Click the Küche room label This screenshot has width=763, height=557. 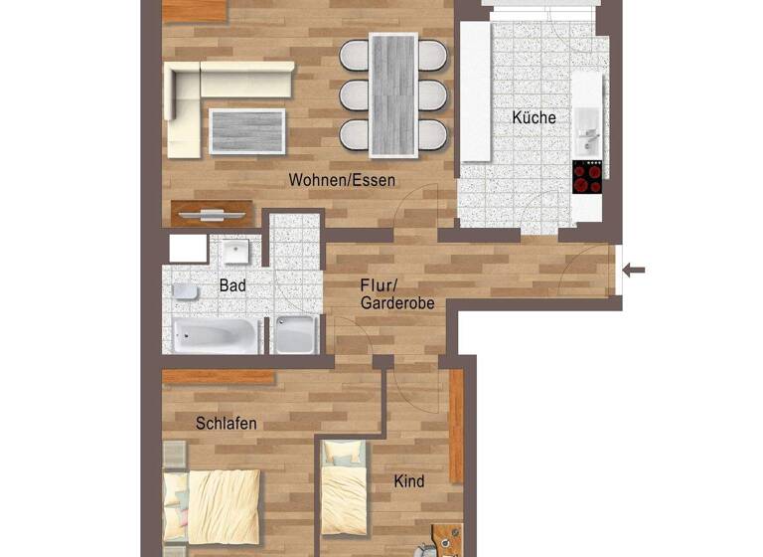point(534,117)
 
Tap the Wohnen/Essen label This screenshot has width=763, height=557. point(342,181)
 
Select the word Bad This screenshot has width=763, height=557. point(232,285)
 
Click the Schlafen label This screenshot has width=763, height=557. point(227,424)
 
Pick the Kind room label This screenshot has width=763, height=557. point(409,481)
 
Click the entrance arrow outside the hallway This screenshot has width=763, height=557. point(633,270)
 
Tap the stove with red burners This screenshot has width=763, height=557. point(587,177)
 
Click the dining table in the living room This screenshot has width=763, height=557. point(392,94)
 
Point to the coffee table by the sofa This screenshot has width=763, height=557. point(247,130)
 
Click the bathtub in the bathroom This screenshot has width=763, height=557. point(216,336)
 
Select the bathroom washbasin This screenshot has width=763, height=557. point(236,250)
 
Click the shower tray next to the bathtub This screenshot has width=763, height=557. point(295,335)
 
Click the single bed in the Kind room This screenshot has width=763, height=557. point(344,492)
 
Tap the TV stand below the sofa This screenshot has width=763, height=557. point(211,214)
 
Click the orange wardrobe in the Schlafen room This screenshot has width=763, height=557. point(219,378)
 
